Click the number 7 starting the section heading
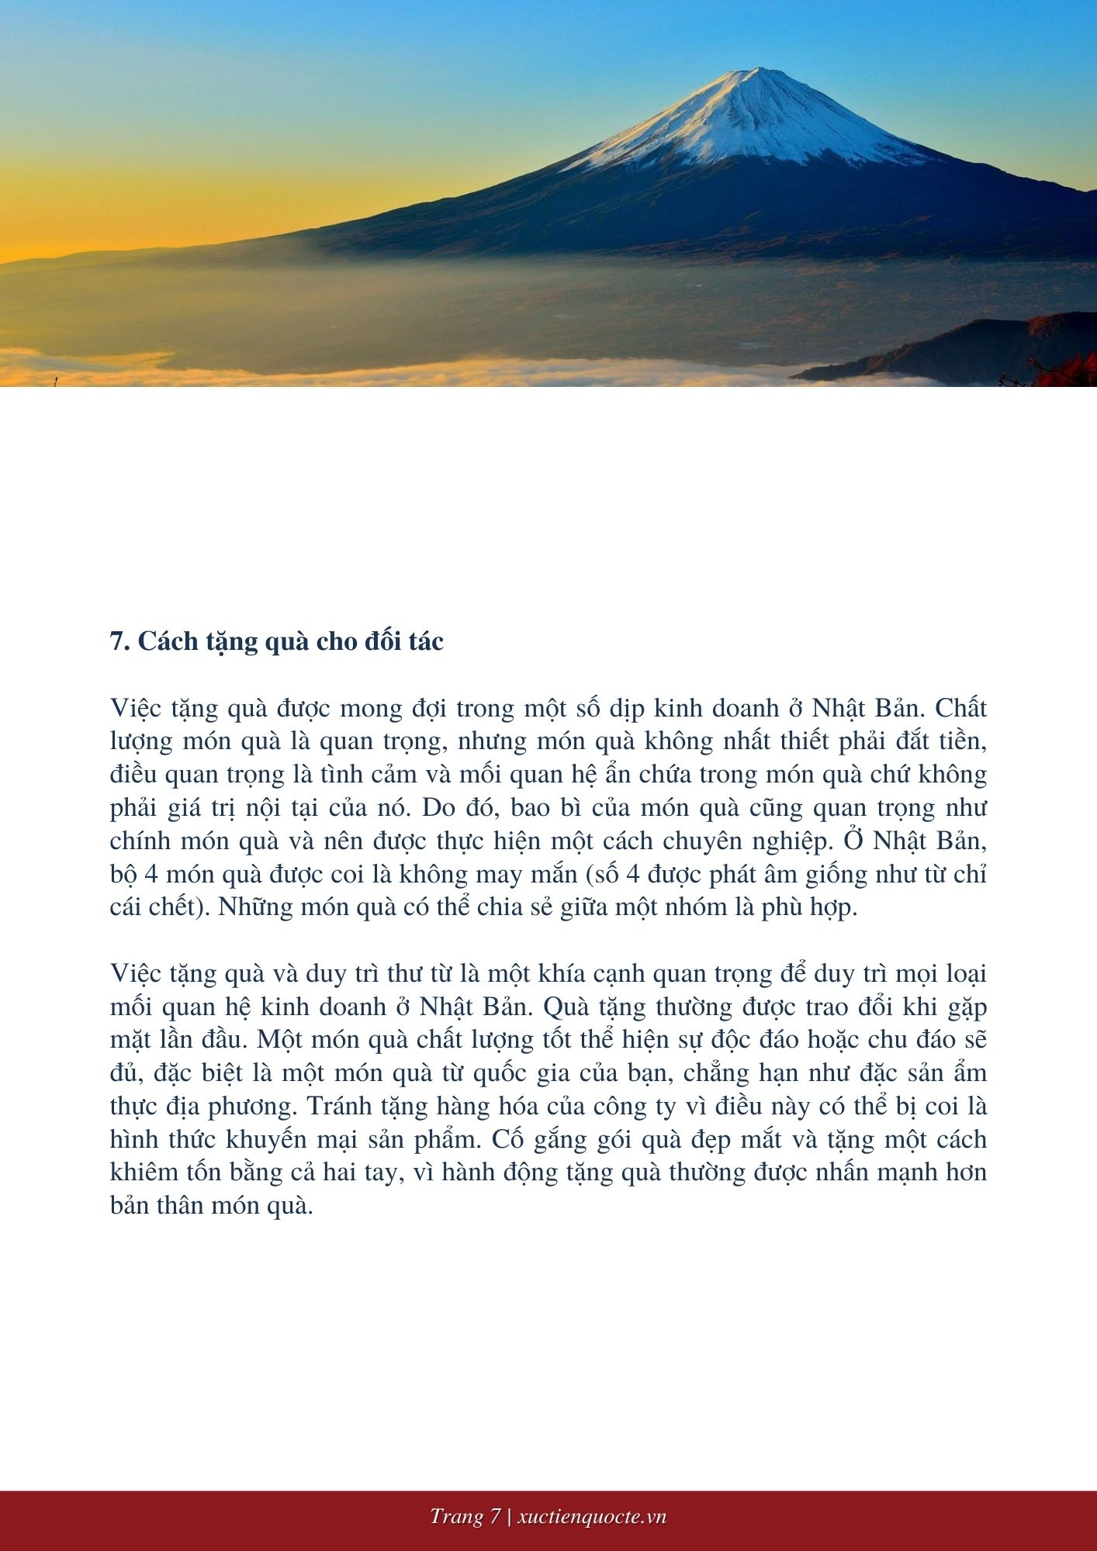coord(118,641)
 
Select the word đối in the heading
coord(369,641)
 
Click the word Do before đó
coord(439,808)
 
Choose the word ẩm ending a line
coord(970,1073)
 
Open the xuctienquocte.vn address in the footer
coord(591,1517)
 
